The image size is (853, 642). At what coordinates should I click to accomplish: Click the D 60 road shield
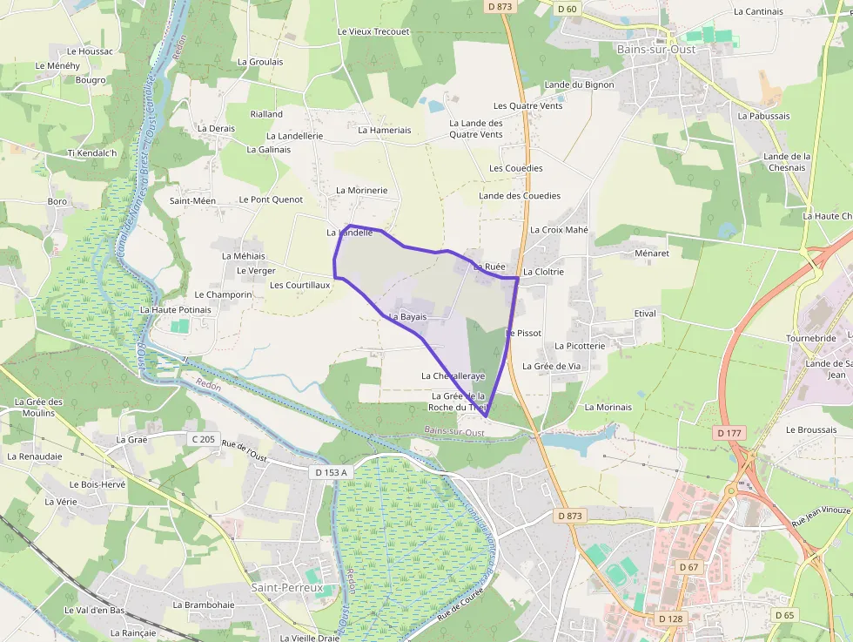(x=567, y=9)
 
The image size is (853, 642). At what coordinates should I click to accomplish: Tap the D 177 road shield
(x=729, y=433)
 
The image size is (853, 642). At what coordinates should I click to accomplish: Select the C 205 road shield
(x=202, y=439)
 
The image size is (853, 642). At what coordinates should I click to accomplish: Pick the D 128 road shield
(x=670, y=618)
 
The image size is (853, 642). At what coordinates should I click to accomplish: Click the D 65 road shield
(x=784, y=615)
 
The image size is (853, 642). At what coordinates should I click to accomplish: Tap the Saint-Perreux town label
(x=287, y=588)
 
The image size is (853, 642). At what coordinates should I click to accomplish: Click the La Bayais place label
(x=408, y=317)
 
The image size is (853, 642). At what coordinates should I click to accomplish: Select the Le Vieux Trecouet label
(x=373, y=31)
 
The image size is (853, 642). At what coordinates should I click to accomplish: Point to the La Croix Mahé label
(x=559, y=230)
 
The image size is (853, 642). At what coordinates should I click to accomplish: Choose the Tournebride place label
(x=811, y=338)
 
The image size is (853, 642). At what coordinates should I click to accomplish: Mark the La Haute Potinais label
(x=176, y=310)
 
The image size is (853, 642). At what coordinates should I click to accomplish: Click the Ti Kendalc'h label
(x=92, y=153)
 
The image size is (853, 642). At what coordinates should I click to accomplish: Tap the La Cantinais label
(x=758, y=11)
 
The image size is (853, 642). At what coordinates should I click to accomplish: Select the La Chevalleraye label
(x=453, y=376)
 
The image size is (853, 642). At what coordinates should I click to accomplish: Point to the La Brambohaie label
(x=204, y=605)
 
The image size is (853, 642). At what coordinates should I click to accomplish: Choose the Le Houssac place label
(x=90, y=51)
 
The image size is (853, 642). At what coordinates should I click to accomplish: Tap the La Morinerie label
(x=362, y=190)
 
